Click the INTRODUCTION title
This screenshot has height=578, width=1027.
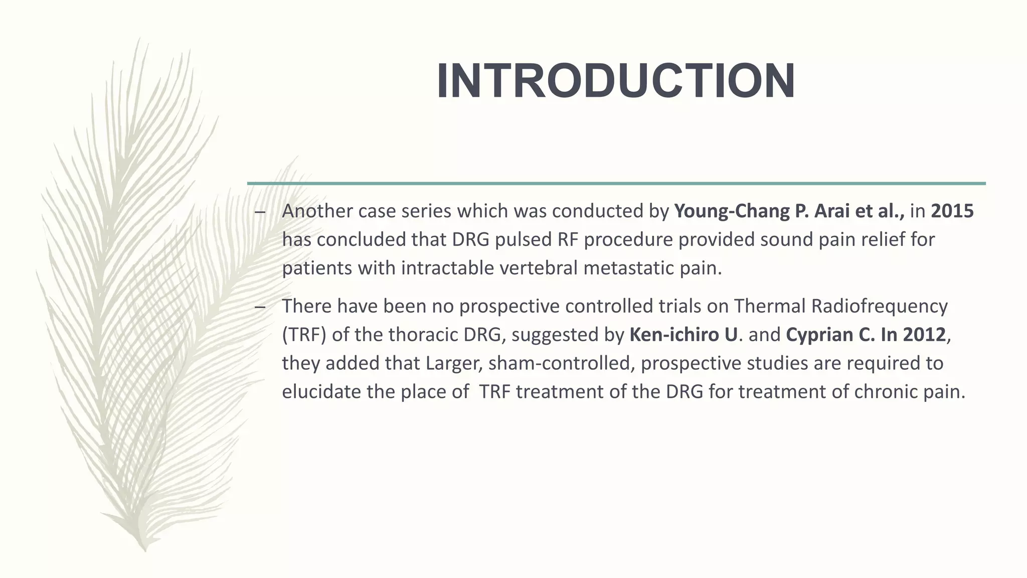[x=616, y=82]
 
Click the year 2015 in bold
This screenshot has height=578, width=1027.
[x=952, y=211]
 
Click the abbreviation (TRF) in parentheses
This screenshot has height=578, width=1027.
[x=304, y=335]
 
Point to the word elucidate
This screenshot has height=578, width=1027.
[x=321, y=392]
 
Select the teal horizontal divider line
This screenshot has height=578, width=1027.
[x=616, y=184]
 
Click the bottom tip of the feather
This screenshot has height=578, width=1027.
[x=145, y=550]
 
